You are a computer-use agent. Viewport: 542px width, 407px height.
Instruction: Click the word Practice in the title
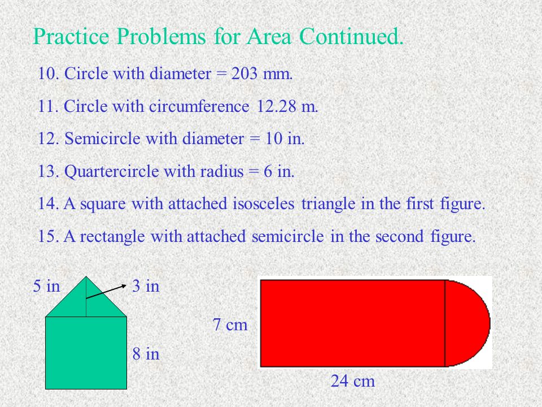pyautogui.click(x=71, y=36)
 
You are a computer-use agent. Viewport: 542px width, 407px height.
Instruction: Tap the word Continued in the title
pyautogui.click(x=351, y=36)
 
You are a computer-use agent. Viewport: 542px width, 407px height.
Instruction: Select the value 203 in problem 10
pyautogui.click(x=244, y=73)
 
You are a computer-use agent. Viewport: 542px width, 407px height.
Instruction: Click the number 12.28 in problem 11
pyautogui.click(x=276, y=106)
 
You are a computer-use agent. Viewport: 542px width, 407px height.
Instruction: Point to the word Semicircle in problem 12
pyautogui.click(x=102, y=138)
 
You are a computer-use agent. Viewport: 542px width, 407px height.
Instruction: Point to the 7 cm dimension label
pyautogui.click(x=230, y=324)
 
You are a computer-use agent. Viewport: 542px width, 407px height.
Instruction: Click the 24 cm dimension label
pyautogui.click(x=352, y=381)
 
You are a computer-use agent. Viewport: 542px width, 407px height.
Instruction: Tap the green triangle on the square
pyautogui.click(x=86, y=303)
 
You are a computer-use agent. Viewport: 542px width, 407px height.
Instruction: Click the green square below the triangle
pyautogui.click(x=86, y=353)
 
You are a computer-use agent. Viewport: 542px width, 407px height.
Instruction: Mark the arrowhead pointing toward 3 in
pyautogui.click(x=124, y=285)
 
